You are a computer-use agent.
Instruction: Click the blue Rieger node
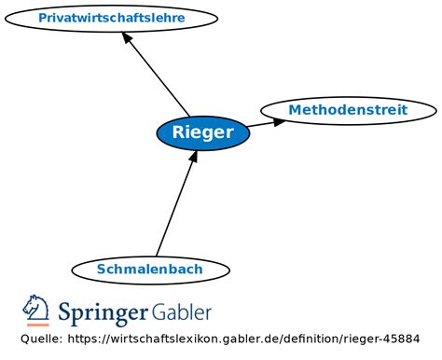click(203, 133)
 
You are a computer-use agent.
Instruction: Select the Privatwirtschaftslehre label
click(112, 18)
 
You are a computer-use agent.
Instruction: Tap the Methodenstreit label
click(348, 110)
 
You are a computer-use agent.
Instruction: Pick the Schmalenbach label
click(149, 269)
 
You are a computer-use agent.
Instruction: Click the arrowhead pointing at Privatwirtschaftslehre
click(127, 37)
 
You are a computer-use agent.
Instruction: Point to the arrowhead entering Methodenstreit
click(279, 121)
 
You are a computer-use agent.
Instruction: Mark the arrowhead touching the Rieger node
click(194, 157)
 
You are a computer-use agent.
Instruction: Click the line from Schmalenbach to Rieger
click(174, 207)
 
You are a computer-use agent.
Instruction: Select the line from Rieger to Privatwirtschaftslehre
click(156, 75)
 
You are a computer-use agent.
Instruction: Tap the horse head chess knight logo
click(35, 308)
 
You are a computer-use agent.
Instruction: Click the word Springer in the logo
click(103, 312)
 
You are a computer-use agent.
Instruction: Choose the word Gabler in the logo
click(182, 312)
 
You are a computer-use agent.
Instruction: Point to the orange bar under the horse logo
click(38, 325)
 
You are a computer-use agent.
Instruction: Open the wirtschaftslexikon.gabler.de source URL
click(243, 339)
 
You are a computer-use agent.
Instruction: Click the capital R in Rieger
click(177, 132)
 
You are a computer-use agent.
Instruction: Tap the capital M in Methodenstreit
click(295, 110)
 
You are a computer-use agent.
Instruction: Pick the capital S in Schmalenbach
click(101, 269)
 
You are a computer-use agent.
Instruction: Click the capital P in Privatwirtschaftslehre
click(43, 18)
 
